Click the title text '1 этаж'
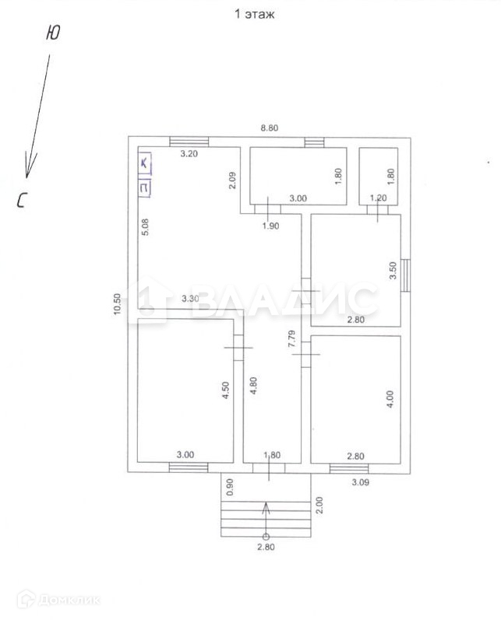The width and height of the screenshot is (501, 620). (255, 13)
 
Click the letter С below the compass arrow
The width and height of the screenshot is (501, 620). (22, 201)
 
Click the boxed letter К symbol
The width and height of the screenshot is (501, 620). (145, 163)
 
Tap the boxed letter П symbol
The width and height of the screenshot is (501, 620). (145, 187)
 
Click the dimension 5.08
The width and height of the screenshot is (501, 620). (145, 228)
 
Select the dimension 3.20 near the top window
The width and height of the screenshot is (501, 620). (189, 154)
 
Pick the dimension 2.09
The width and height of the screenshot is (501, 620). (233, 180)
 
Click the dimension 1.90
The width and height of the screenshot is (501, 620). (269, 226)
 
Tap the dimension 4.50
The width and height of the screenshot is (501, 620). (225, 388)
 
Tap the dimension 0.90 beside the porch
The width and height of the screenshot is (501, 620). (229, 486)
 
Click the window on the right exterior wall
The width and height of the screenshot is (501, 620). (406, 275)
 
